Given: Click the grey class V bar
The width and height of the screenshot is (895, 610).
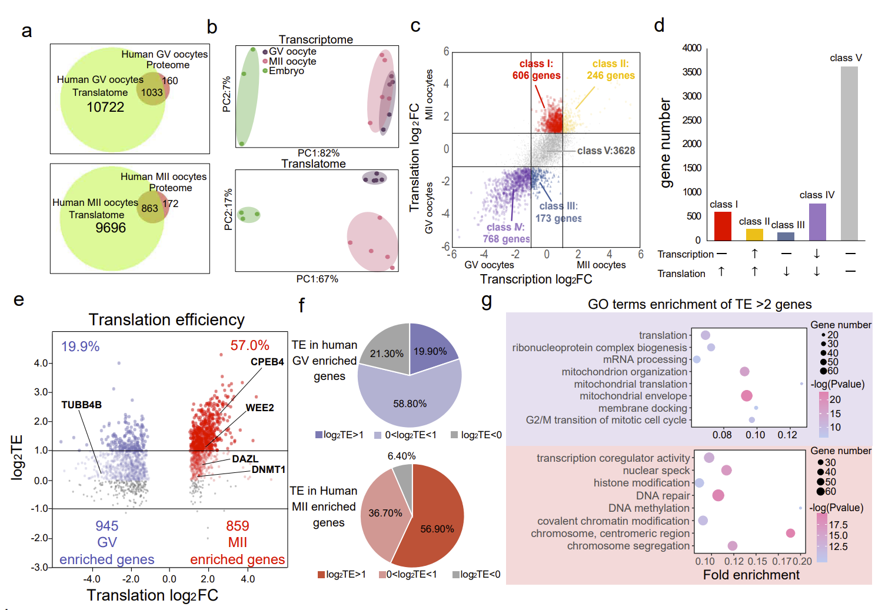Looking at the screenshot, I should (849, 153).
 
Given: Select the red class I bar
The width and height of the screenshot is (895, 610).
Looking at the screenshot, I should (722, 226).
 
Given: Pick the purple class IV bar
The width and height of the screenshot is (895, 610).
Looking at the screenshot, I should (817, 222).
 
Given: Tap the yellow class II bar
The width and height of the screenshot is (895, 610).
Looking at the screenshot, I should (754, 234).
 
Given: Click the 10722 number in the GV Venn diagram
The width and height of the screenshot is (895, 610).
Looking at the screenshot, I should (105, 107).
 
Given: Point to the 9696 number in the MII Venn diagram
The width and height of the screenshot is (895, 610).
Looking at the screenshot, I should (111, 228).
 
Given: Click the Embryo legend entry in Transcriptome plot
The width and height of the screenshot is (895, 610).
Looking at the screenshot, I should (286, 71).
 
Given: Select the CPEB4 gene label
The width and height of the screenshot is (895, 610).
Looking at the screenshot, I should (267, 362).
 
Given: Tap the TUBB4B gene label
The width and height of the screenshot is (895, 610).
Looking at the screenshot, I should (81, 405).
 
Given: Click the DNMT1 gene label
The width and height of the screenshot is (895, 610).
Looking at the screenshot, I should (268, 469).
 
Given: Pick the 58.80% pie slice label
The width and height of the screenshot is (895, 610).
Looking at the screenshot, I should (410, 404).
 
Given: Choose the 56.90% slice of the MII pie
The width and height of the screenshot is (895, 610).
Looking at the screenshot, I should (437, 529).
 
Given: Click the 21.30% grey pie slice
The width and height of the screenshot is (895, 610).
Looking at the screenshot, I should (387, 354).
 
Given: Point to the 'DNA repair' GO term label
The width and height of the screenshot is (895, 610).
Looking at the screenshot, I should (663, 496).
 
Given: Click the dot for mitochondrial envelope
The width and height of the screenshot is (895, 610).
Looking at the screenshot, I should (747, 396).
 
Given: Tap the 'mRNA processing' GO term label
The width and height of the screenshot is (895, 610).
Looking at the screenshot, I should (645, 359).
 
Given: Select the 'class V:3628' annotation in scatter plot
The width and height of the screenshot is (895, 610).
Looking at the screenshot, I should (605, 151).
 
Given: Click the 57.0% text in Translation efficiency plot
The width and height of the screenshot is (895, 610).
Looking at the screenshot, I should (249, 345).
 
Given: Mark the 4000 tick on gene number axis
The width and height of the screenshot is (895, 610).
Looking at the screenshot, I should (691, 48).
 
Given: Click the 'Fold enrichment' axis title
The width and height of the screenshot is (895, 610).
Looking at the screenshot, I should (751, 575).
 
